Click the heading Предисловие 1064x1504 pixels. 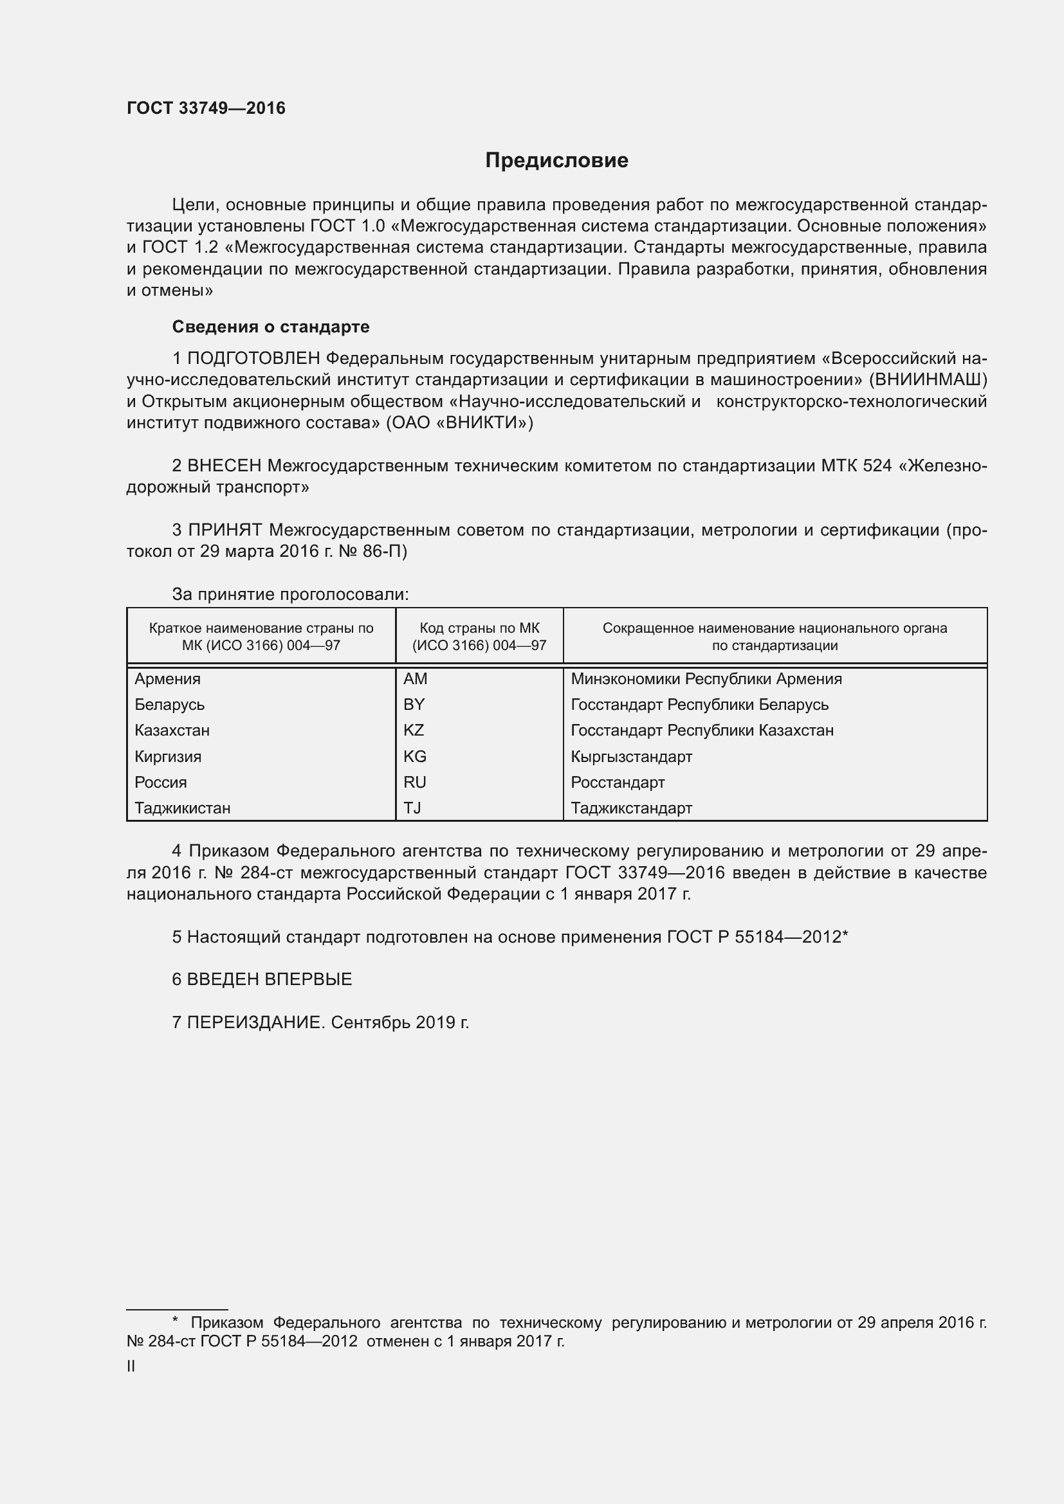click(556, 161)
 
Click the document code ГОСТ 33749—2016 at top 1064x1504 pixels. click(206, 108)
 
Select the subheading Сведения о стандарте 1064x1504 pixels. click(271, 326)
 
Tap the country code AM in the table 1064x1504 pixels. click(415, 678)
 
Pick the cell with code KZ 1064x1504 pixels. click(414, 730)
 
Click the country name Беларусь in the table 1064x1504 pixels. click(170, 704)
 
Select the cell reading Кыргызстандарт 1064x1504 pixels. click(631, 757)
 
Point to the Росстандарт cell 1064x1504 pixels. click(617, 782)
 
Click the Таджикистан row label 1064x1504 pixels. click(182, 808)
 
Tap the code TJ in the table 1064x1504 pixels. click(412, 808)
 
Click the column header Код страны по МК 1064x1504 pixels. click(479, 628)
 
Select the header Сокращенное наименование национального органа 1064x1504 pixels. click(775, 628)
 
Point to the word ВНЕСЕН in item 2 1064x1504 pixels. click(224, 466)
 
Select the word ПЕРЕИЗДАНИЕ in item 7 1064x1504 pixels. click(255, 1022)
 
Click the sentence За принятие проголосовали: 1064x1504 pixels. click(290, 594)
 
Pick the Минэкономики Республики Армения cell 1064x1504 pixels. click(706, 678)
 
